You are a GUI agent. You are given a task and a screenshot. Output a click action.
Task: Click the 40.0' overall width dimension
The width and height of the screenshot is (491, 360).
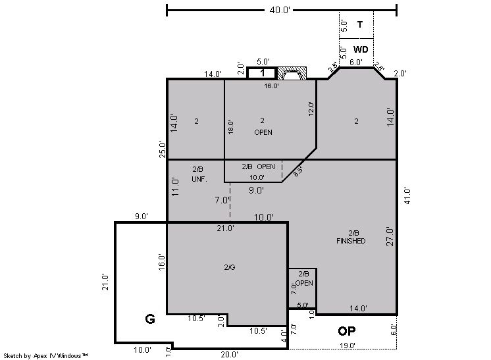(280, 10)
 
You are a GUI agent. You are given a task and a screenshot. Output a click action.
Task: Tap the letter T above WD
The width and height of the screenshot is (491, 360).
(360, 24)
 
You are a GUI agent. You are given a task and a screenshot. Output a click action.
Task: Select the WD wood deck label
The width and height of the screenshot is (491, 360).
(361, 49)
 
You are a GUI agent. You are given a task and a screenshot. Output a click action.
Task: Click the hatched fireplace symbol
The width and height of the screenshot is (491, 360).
(292, 73)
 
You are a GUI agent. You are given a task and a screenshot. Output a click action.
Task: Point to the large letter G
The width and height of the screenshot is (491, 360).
(150, 319)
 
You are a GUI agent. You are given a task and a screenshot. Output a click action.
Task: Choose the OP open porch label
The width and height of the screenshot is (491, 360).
(347, 331)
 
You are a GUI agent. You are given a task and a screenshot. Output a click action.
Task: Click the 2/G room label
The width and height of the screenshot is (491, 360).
(230, 267)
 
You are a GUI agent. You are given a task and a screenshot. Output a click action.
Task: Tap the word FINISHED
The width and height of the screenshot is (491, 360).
(351, 241)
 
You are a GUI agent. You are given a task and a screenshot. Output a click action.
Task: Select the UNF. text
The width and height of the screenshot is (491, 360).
(199, 179)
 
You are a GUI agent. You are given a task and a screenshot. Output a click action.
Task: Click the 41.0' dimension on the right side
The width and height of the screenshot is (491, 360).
(407, 196)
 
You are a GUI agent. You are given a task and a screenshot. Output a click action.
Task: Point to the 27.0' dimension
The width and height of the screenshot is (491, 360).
(390, 237)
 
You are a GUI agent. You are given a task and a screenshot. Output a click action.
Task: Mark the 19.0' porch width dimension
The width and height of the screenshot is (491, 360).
(348, 346)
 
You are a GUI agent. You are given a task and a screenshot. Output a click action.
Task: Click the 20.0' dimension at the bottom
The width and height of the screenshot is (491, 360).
(229, 354)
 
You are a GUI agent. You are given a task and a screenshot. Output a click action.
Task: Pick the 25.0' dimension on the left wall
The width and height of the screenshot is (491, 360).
(162, 149)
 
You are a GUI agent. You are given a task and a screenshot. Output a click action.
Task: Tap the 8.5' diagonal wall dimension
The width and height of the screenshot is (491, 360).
(298, 172)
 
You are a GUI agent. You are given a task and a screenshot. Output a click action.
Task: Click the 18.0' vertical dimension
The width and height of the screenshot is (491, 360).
(230, 127)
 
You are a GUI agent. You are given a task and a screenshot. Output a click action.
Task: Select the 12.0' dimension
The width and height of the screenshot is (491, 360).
(311, 109)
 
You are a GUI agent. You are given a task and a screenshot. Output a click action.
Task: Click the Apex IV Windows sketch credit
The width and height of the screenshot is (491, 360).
(45, 355)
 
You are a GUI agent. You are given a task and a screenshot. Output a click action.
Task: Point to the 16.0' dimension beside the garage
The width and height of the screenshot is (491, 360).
(161, 262)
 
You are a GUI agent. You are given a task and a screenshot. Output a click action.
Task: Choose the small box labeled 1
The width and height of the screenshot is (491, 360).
(261, 73)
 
